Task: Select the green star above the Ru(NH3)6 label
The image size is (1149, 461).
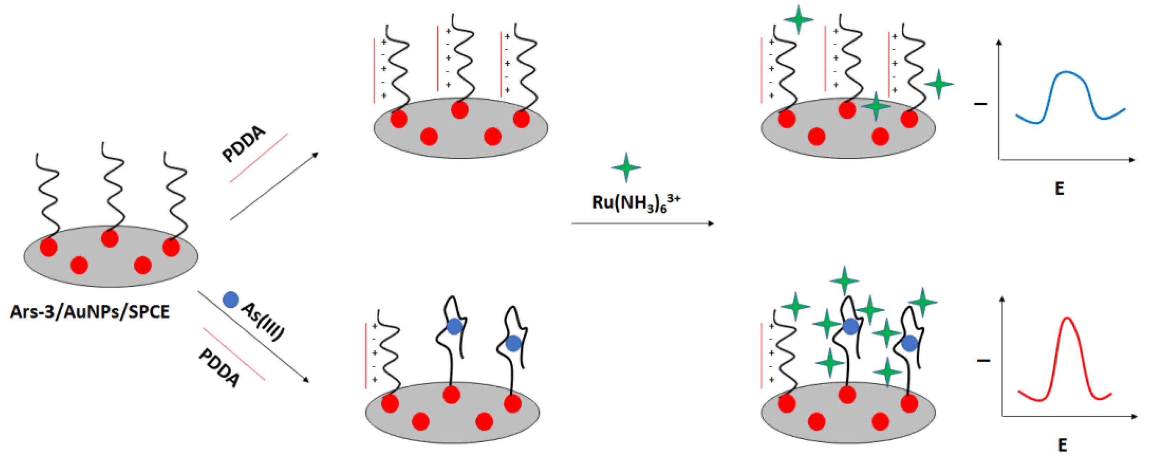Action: pyautogui.click(x=626, y=167)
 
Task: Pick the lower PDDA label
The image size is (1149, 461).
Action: pyautogui.click(x=219, y=368)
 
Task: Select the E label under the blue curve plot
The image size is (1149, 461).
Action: pyautogui.click(x=1059, y=189)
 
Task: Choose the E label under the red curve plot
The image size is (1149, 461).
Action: pyautogui.click(x=1062, y=445)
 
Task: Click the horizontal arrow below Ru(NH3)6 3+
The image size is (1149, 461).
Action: pyautogui.click(x=642, y=223)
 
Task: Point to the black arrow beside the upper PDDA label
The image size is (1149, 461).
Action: pyautogui.click(x=274, y=187)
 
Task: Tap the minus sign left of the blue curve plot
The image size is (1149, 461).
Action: pyautogui.click(x=980, y=104)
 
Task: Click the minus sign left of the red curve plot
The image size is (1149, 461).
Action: pyautogui.click(x=984, y=360)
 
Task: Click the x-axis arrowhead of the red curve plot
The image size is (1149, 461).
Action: pyautogui.click(x=1134, y=416)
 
